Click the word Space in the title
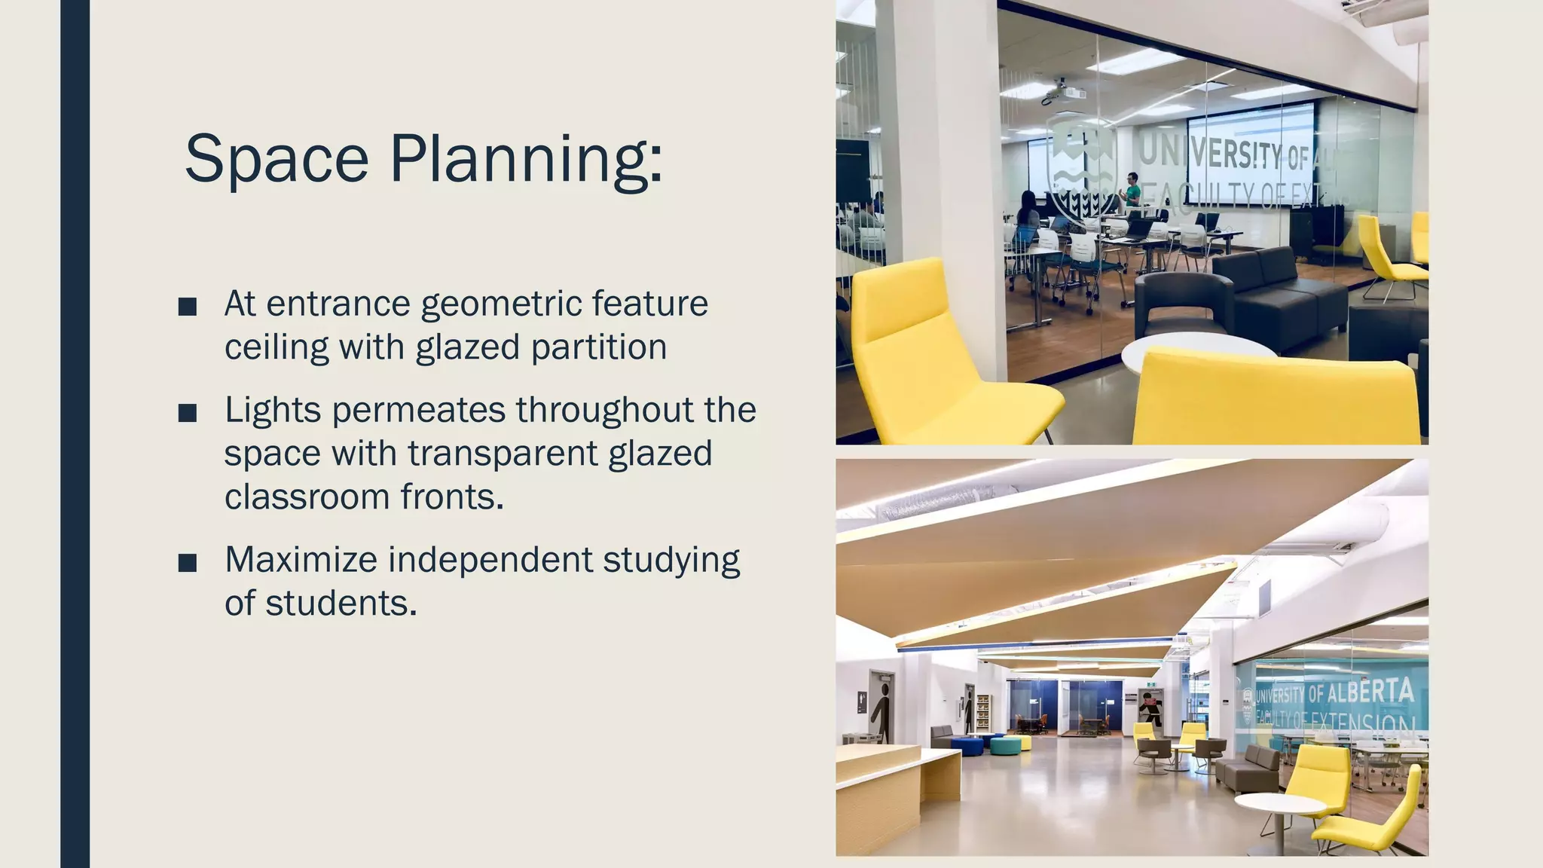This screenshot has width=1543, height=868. (x=276, y=160)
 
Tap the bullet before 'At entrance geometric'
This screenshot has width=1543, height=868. (x=188, y=307)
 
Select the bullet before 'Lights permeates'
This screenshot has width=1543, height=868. (x=188, y=413)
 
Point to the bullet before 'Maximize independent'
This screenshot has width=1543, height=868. (x=188, y=563)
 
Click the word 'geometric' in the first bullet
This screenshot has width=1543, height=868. (x=501, y=304)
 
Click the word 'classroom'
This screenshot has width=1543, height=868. (x=306, y=497)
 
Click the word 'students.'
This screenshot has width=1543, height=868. (x=341, y=604)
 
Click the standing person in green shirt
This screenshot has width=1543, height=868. (x=1131, y=190)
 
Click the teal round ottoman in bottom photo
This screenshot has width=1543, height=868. (x=1004, y=745)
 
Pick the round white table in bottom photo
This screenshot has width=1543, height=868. (x=1280, y=805)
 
